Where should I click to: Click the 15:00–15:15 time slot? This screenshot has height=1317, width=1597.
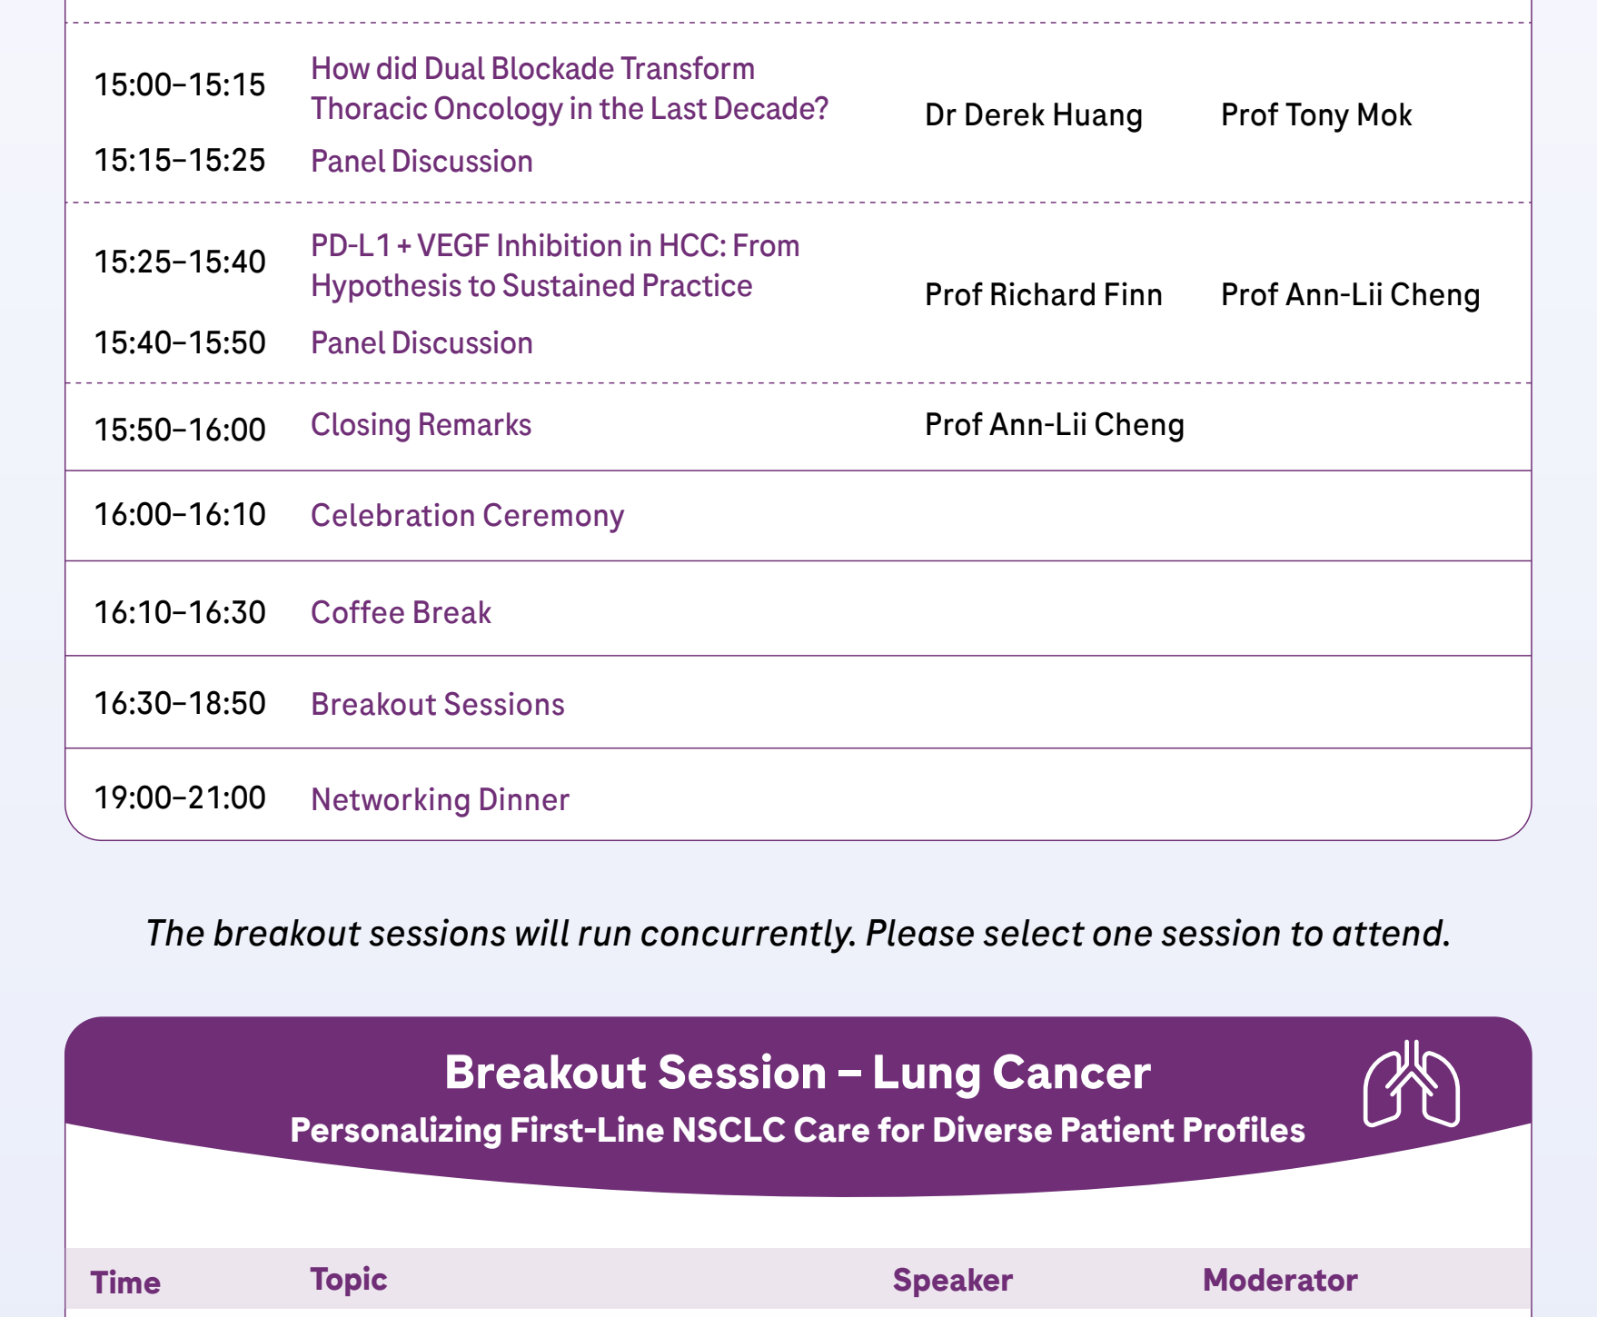(180, 85)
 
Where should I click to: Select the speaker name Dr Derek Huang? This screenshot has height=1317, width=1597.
(1034, 115)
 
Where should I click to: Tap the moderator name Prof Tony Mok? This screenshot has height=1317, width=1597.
(1316, 115)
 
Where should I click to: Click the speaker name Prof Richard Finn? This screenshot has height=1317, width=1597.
(1044, 295)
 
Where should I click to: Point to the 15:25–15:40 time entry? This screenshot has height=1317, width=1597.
(180, 262)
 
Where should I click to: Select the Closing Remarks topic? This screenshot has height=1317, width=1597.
(422, 425)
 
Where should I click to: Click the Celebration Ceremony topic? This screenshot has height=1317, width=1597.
(468, 516)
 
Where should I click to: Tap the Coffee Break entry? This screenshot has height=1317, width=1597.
(401, 613)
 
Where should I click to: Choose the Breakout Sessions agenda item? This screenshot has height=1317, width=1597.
(438, 705)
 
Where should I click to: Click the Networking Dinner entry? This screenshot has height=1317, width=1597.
(441, 800)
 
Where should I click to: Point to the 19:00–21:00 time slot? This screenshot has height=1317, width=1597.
(180, 798)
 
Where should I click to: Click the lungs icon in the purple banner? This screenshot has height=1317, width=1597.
(1411, 1084)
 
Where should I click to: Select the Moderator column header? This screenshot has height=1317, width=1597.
(1280, 1281)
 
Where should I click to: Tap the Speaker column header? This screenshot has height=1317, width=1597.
(952, 1281)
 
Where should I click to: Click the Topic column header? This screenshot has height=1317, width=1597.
(349, 1280)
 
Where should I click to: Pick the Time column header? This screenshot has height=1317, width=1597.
(125, 1282)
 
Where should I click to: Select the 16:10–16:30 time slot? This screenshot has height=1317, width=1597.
(180, 613)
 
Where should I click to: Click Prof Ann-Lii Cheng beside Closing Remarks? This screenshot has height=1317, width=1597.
(1055, 425)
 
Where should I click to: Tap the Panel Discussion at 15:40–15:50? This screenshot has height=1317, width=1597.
(422, 343)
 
